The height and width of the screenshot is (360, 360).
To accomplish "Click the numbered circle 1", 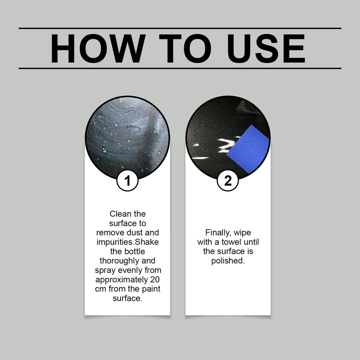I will pyautogui.click(x=127, y=181).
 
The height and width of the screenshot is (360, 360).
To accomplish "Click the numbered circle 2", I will pyautogui.click(x=228, y=181).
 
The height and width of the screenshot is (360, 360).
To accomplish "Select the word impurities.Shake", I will pyautogui.click(x=128, y=242).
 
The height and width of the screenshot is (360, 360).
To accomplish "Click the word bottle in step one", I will pyautogui.click(x=135, y=251).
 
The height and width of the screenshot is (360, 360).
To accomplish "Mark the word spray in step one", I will pyautogui.click(x=104, y=270).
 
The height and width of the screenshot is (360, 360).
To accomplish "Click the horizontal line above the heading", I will pyautogui.click(x=180, y=28).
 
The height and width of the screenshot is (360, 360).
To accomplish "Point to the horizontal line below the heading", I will pyautogui.click(x=180, y=68).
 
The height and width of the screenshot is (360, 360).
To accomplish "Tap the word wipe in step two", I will pyautogui.click(x=243, y=233).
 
